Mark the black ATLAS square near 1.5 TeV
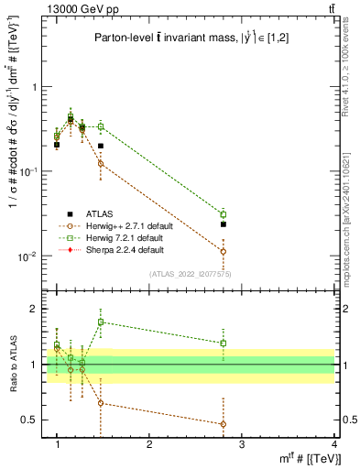[x=101, y=146]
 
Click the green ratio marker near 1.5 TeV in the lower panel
[x=101, y=322]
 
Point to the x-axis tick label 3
[x=242, y=445]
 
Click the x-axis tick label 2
[x=149, y=445]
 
